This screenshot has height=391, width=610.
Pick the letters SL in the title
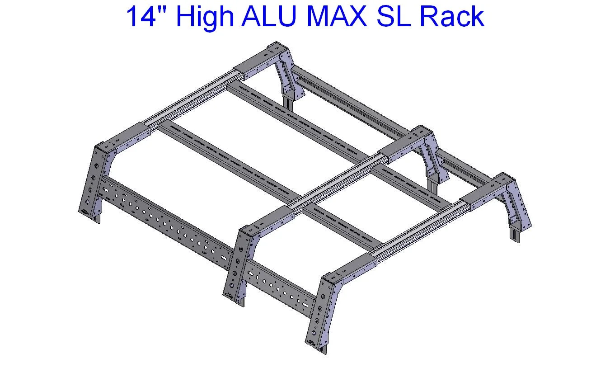pos(398,17)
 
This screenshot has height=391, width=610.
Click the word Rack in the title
pos(452,17)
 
